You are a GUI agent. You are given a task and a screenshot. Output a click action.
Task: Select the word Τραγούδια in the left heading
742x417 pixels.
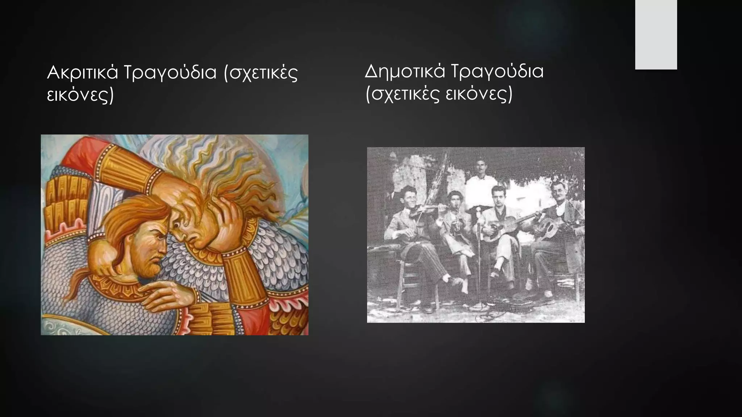tap(170, 73)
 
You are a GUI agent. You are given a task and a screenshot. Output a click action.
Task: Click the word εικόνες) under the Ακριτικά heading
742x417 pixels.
tap(80, 95)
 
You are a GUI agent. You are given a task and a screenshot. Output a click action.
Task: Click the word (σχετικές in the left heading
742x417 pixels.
tap(260, 73)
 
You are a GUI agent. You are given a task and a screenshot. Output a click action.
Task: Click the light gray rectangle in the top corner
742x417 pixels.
tap(656, 34)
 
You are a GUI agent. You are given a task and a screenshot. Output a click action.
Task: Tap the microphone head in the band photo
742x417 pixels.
tap(479, 209)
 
